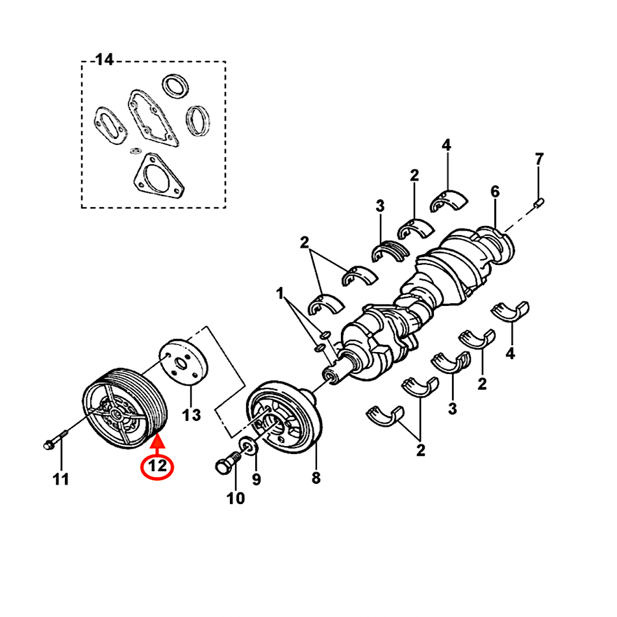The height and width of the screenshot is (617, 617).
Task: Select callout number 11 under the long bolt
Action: tap(60, 480)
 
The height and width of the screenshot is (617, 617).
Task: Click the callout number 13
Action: tap(192, 414)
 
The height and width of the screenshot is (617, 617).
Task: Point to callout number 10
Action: tap(236, 498)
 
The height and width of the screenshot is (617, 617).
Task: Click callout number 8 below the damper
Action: tap(316, 479)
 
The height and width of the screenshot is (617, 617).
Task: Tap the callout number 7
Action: tap(539, 159)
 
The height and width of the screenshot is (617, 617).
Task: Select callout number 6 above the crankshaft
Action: tap(495, 192)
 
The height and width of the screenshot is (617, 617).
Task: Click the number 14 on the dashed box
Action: tap(104, 60)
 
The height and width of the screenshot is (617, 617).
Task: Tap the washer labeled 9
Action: tap(248, 447)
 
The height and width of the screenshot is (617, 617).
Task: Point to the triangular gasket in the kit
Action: tap(156, 175)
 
